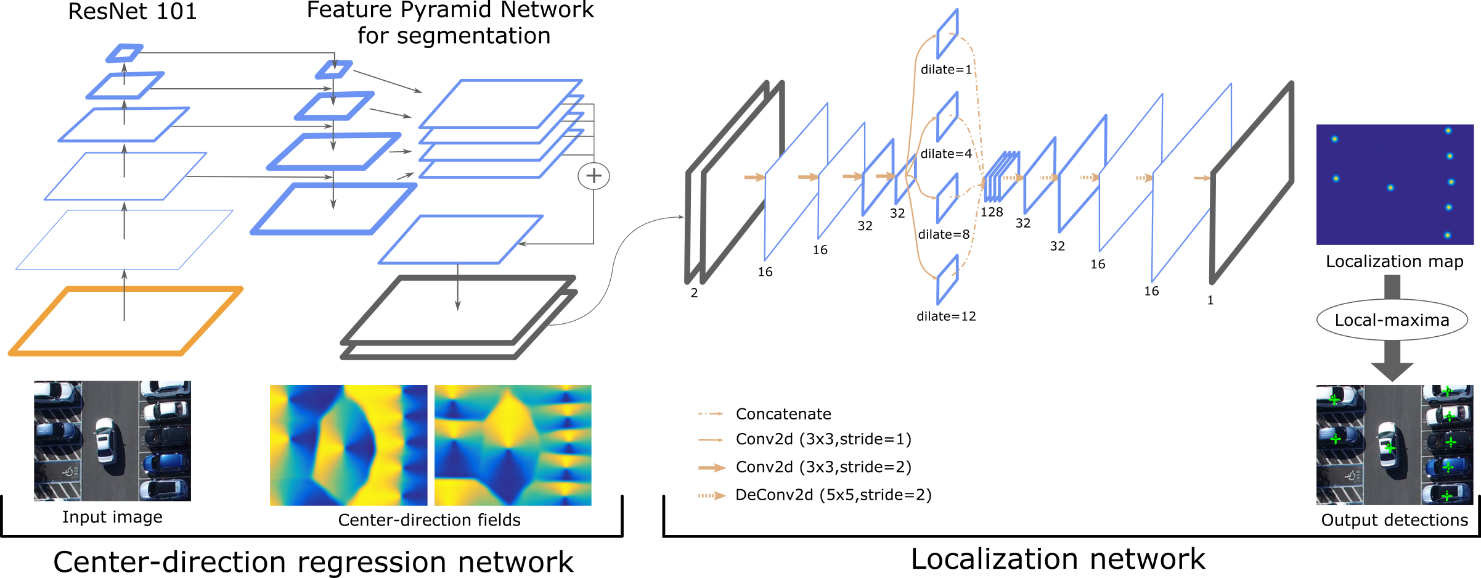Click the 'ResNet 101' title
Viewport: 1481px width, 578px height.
click(x=133, y=12)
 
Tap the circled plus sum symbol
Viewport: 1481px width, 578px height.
click(x=594, y=176)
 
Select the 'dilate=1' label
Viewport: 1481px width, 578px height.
click(x=946, y=70)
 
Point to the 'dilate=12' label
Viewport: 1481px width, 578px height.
click(x=946, y=316)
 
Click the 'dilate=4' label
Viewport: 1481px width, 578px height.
click(x=946, y=154)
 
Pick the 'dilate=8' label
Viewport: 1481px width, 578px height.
click(x=944, y=234)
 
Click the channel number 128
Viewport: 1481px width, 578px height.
click(x=992, y=212)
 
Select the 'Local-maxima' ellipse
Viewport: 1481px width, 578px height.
click(x=1392, y=320)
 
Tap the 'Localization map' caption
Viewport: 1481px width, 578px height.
click(x=1394, y=262)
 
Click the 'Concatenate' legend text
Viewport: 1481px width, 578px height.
click(x=783, y=414)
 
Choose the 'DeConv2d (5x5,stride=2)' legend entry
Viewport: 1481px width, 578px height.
click(x=833, y=495)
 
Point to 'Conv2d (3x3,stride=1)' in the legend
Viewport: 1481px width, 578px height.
click(x=823, y=439)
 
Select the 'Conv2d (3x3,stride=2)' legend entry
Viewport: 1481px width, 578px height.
click(x=823, y=467)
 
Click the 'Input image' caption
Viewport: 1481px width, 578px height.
click(x=112, y=517)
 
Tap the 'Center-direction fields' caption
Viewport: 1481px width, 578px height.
click(x=429, y=520)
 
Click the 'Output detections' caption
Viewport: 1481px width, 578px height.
click(x=1394, y=520)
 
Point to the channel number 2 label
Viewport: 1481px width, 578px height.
click(x=694, y=293)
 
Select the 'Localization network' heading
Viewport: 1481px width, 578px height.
click(x=1058, y=559)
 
